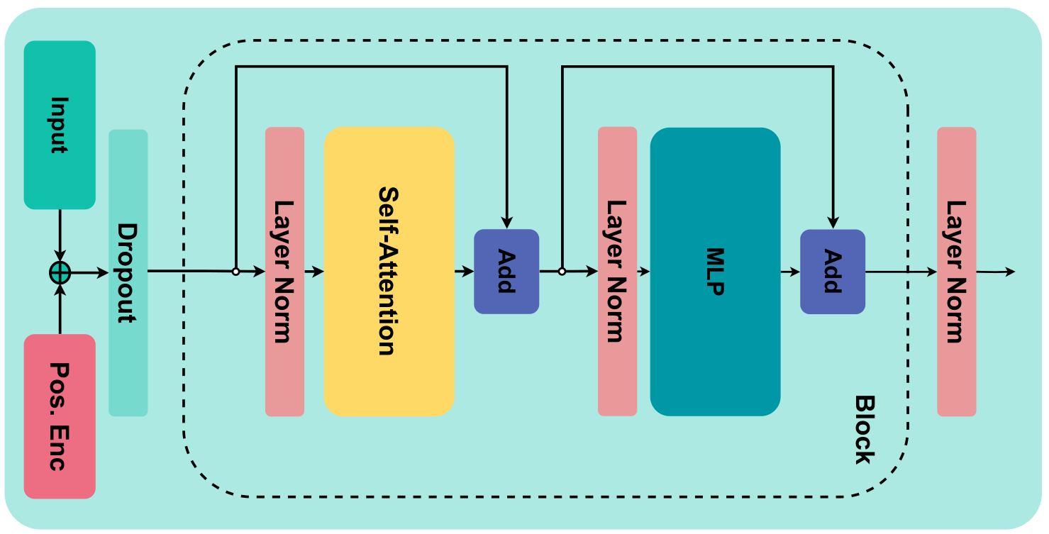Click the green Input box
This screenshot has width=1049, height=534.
(60, 125)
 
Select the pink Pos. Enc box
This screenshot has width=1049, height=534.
(60, 416)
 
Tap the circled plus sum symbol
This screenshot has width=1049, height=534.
(60, 272)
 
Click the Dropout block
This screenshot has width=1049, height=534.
(128, 272)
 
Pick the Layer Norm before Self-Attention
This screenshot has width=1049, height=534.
(284, 272)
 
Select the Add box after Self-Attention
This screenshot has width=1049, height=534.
(506, 272)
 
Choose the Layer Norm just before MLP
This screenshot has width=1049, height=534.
(617, 272)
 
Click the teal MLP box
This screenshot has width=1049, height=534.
(715, 272)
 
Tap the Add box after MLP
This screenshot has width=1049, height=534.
(833, 272)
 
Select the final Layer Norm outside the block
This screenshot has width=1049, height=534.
(956, 272)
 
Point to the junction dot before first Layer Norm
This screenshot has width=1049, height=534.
(235, 272)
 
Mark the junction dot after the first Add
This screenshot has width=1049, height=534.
(562, 272)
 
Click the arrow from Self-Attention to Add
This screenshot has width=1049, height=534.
(464, 272)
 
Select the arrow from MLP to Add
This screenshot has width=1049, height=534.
(790, 272)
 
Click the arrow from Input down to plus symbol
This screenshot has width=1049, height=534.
(60, 235)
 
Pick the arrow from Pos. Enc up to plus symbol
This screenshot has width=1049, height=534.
(60, 308)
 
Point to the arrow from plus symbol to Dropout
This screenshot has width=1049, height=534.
(89, 272)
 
